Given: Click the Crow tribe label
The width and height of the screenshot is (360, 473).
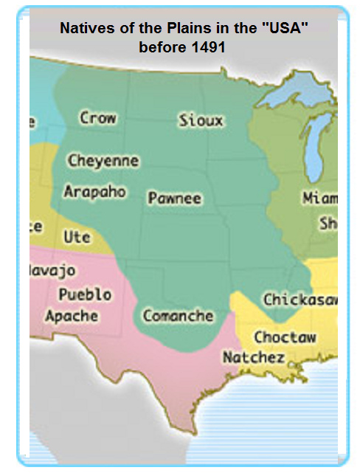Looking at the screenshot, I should (x=98, y=118).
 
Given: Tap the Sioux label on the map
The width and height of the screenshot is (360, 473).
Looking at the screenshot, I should (x=201, y=120).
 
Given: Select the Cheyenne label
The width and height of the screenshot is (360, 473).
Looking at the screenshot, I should (x=103, y=160).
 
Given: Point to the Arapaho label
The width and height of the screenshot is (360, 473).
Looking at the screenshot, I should (x=94, y=192).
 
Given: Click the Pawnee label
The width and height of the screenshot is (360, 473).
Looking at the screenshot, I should (x=174, y=198).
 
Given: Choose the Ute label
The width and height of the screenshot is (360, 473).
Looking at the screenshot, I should (x=77, y=238).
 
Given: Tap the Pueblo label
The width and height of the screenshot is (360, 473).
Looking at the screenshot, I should (x=86, y=294).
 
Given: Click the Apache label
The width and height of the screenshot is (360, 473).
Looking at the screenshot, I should (x=71, y=316).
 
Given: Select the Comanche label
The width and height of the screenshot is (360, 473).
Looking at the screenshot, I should (x=178, y=316).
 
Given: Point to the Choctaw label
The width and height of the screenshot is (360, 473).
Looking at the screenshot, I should (x=285, y=337).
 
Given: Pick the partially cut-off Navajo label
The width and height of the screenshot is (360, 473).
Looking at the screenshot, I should (x=52, y=270).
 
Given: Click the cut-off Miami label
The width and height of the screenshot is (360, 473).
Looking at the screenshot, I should (x=319, y=198).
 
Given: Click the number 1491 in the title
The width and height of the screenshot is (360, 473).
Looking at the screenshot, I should (x=209, y=46).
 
